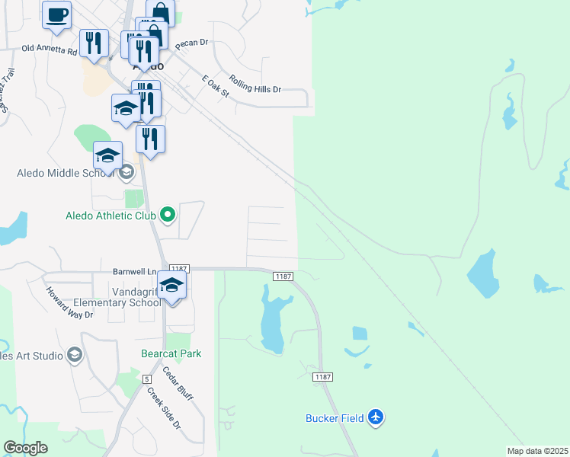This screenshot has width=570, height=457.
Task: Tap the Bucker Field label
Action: click(x=335, y=417)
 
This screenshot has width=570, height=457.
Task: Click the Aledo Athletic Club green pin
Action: click(x=168, y=216)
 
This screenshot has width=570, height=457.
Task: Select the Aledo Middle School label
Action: click(x=66, y=174)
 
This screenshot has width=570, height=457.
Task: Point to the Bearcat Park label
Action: click(x=171, y=353)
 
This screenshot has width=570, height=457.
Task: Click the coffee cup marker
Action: click(x=56, y=15)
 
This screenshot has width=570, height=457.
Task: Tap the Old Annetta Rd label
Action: click(x=50, y=50)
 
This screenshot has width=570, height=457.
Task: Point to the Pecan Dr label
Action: click(x=192, y=44)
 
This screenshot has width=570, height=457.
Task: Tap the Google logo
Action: click(x=24, y=448)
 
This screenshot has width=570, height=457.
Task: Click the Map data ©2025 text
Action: click(x=537, y=451)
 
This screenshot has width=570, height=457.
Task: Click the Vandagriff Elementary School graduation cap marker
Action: click(x=172, y=286)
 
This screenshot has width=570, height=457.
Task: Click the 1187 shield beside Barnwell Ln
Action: click(x=179, y=269)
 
